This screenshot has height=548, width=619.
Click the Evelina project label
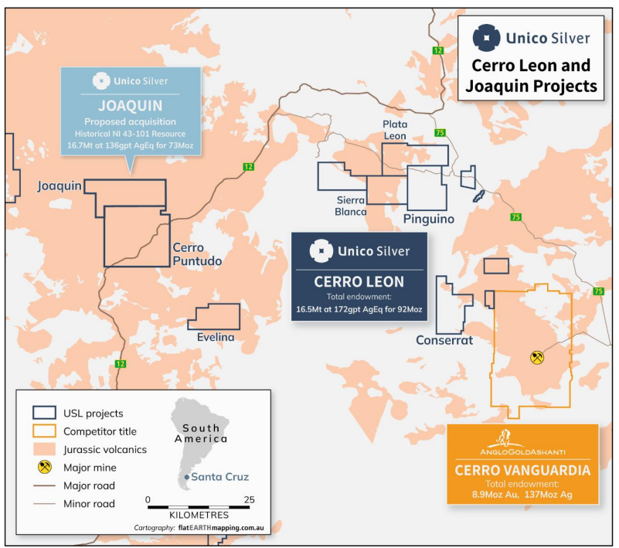[x=216, y=337]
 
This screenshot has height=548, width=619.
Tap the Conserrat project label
[x=444, y=340]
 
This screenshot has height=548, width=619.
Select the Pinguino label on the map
[x=428, y=219]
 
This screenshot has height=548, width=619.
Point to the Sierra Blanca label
[x=350, y=206]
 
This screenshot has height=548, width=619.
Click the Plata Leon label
[x=395, y=130]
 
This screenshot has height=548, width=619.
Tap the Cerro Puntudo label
[x=197, y=254]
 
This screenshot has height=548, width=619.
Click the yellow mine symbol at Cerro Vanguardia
[x=537, y=357]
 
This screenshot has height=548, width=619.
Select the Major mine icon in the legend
[x=45, y=467]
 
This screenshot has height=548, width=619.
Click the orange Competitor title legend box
[x=44, y=431]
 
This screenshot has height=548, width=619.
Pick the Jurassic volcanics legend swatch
[x=44, y=449]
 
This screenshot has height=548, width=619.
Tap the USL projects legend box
[x=44, y=413]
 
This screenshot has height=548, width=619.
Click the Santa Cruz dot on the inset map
[x=187, y=478]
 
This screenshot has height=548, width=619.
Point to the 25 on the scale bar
[x=249, y=500]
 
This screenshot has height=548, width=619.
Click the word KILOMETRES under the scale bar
[x=199, y=516]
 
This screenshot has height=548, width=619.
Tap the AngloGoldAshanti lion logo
[x=504, y=438]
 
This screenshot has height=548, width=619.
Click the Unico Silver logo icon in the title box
[x=487, y=38]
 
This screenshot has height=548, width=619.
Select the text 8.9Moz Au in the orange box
[x=495, y=495]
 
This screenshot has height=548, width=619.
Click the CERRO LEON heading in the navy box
[x=359, y=282]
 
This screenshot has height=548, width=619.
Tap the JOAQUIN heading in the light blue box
[x=131, y=106]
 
